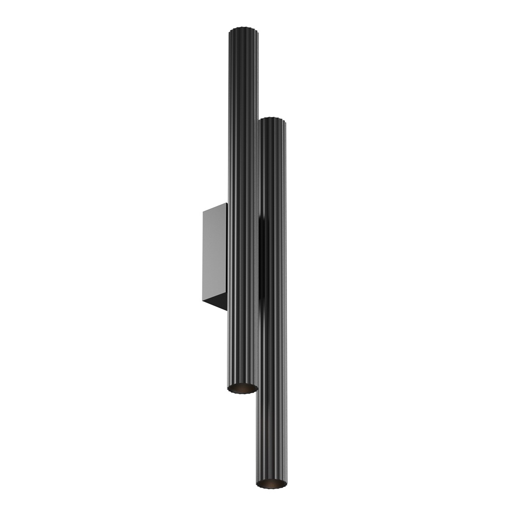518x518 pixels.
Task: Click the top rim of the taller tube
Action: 243,27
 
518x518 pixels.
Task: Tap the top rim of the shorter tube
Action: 272,120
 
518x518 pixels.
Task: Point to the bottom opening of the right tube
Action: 271,484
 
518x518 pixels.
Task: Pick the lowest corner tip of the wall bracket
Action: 226,310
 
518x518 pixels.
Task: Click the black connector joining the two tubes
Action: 262,259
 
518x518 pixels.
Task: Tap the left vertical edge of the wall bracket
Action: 204,254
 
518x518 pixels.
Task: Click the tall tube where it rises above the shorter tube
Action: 243,78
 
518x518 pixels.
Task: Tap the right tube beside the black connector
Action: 275,259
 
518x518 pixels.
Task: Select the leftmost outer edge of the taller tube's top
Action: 228,30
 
